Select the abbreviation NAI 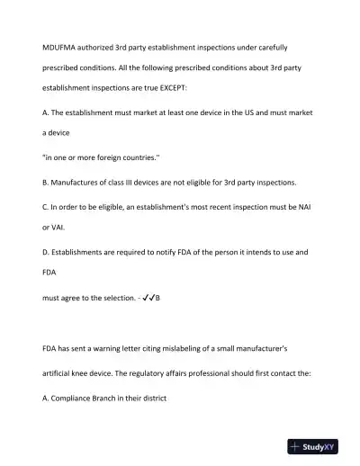[309, 205]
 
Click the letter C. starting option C [47, 205]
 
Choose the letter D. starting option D [47, 253]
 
